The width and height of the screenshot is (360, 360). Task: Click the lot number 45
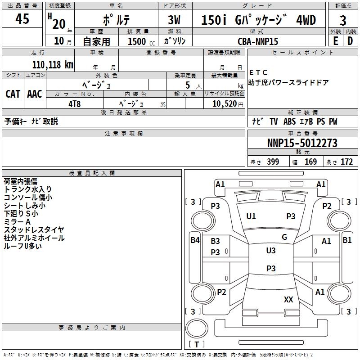click(22, 19)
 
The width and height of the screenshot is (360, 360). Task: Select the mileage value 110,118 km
click(53, 64)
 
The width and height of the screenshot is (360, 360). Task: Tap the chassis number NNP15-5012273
click(302, 143)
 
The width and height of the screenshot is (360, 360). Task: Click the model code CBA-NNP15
click(258, 41)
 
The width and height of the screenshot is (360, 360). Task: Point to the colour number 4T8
click(74, 103)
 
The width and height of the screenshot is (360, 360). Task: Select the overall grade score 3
click(343, 20)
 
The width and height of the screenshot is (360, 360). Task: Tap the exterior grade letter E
click(335, 41)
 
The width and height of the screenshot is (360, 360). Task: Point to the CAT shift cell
click(13, 94)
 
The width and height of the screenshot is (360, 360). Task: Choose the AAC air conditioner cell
click(35, 94)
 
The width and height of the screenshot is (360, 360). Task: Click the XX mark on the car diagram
click(288, 299)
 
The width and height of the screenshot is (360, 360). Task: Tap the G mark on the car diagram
click(284, 237)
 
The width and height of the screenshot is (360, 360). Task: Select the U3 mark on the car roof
click(271, 251)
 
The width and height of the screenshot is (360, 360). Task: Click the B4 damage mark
click(194, 240)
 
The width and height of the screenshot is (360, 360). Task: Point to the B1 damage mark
click(347, 240)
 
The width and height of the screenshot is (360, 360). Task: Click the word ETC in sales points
click(258, 72)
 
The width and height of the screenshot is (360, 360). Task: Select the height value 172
click(346, 162)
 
